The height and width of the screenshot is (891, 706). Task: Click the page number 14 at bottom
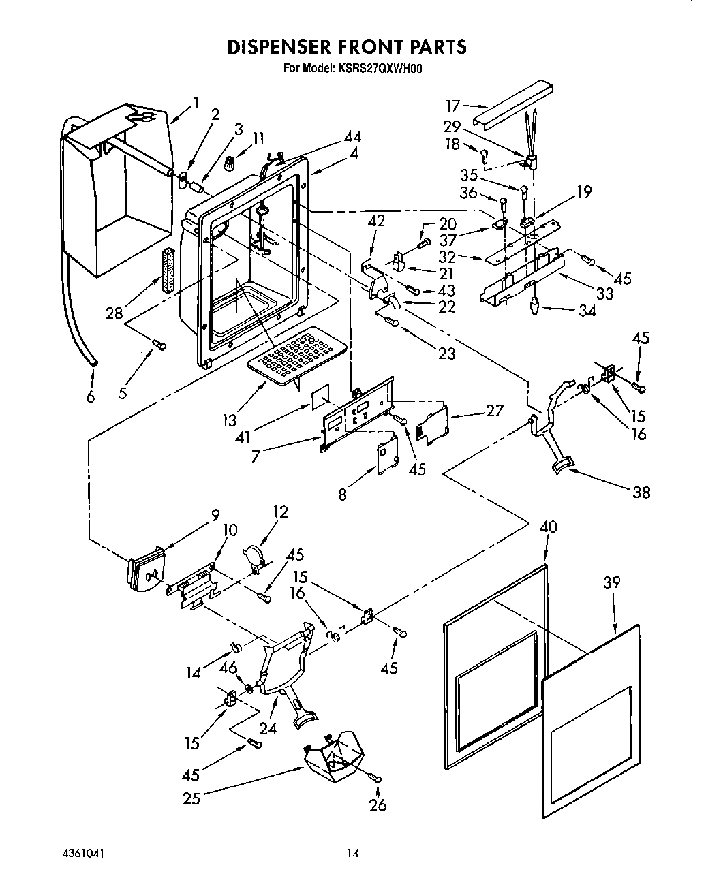coord(352,853)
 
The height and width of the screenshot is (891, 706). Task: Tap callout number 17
coord(453,106)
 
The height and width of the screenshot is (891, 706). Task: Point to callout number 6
coord(91,397)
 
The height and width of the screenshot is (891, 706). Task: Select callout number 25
coord(191,798)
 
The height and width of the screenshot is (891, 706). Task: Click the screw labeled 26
coord(375,777)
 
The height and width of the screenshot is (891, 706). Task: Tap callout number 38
coord(641,491)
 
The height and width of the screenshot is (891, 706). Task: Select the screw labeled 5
coord(159,345)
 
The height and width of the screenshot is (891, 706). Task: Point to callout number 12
coord(280,512)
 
